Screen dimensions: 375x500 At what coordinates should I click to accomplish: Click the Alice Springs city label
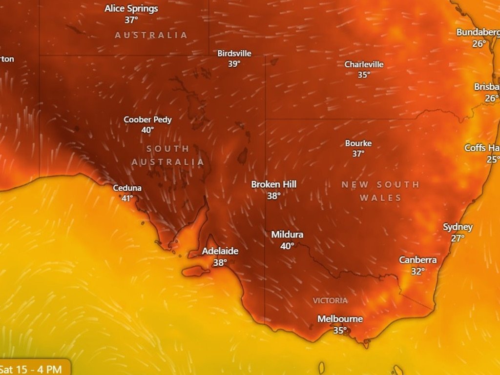click(x=131, y=8)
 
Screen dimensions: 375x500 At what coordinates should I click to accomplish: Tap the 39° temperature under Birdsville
click(x=234, y=63)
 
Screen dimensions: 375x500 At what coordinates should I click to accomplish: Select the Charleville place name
click(x=364, y=64)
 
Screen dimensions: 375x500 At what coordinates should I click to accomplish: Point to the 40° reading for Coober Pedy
click(x=147, y=130)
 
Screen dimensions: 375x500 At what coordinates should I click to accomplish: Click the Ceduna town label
click(x=127, y=188)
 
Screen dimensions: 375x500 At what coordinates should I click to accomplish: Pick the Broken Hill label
click(x=273, y=184)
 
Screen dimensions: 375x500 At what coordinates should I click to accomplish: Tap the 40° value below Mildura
click(x=287, y=246)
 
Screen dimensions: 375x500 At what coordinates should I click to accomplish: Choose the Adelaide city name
click(x=220, y=251)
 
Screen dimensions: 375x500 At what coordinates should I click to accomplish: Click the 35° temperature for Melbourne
click(x=340, y=330)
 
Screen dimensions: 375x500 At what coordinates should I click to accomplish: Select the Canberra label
click(x=417, y=260)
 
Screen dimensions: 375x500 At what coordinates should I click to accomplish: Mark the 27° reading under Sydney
click(x=458, y=238)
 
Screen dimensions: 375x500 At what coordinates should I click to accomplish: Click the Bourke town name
click(x=358, y=143)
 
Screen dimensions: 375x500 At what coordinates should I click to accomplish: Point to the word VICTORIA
click(x=331, y=300)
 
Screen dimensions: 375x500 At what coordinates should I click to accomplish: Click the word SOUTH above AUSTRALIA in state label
click(x=167, y=149)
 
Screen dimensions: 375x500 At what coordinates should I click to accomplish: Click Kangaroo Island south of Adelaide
click(x=196, y=271)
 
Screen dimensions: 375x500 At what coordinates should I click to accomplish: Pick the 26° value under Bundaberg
click(x=479, y=43)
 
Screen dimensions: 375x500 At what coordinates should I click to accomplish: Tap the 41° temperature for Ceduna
click(x=127, y=198)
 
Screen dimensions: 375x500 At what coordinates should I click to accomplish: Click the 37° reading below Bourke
click(x=358, y=154)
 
